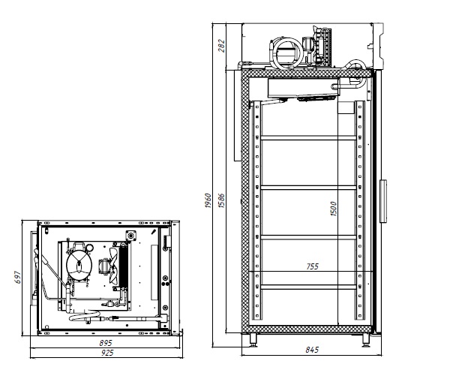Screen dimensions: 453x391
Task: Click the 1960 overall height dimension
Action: tap(208, 200)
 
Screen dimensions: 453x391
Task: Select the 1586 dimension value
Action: tap(221, 200)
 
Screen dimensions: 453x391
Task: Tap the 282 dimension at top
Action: tap(221, 46)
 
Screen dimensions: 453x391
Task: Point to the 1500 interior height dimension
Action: tap(333, 209)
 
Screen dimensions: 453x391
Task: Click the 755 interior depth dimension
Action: tap(312, 266)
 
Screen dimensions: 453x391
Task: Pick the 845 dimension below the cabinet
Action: tap(312, 350)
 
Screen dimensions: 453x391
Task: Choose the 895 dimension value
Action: tap(106, 343)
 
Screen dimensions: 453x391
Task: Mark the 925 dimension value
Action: tap(107, 353)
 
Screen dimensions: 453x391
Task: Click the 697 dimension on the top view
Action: tap(18, 277)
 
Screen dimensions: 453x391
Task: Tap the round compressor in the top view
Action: tap(79, 264)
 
